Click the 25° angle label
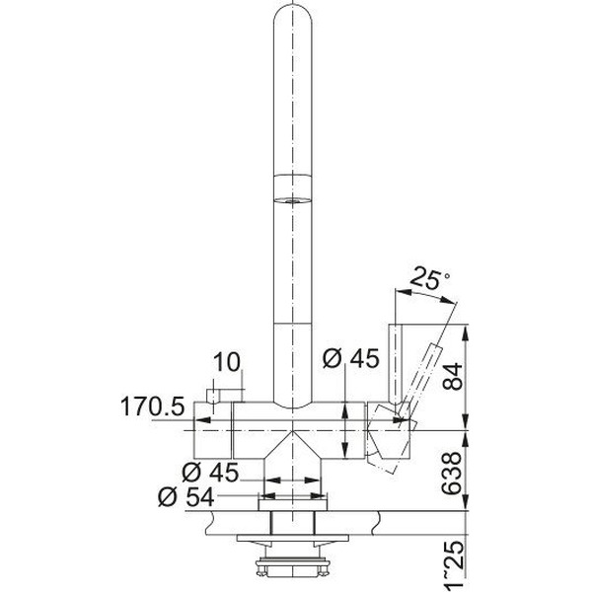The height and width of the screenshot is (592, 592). tap(429, 277)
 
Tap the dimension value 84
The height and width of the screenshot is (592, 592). tap(452, 377)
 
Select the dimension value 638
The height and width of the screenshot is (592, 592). tap(452, 474)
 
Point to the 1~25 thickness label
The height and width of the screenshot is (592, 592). tap(452, 565)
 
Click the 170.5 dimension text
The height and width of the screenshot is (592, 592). tap(153, 407)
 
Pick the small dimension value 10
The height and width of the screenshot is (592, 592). tap(227, 362)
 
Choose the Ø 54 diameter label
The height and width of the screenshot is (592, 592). tap(186, 497)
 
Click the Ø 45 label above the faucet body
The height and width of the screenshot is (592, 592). tap(350, 358)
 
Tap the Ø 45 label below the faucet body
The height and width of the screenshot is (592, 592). tap(210, 472)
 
